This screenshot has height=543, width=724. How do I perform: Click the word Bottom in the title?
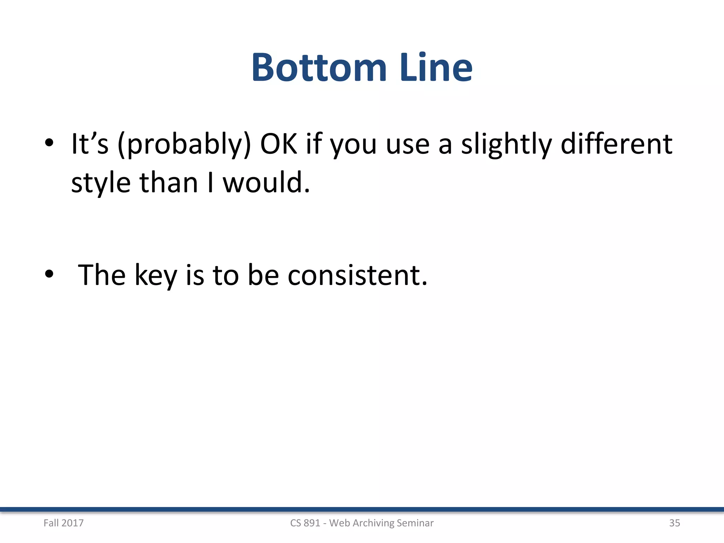tap(319, 68)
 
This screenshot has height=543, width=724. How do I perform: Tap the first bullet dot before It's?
tap(49, 143)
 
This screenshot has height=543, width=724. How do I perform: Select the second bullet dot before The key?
tap(49, 274)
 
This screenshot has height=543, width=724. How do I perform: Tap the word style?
tap(101, 183)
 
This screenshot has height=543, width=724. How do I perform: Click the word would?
tap(266, 183)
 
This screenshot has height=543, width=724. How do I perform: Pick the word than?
tap(169, 183)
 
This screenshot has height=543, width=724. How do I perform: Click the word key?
tap(156, 276)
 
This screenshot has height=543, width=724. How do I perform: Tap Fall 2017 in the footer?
tap(64, 523)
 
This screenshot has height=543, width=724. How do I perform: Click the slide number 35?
tap(675, 523)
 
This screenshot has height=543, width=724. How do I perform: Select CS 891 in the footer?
tap(305, 523)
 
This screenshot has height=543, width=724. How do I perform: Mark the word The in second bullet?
tap(102, 276)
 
